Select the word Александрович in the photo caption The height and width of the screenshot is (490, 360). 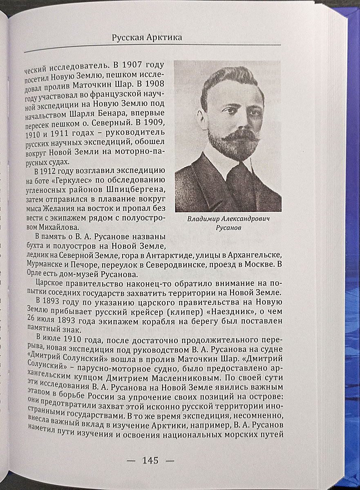pyautogui.click(x=244, y=219)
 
